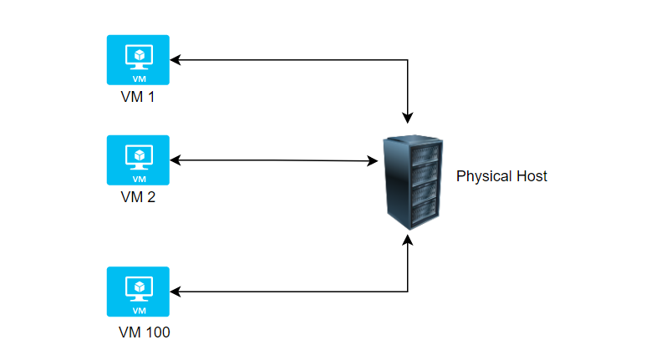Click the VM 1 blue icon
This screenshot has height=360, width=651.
tap(138, 59)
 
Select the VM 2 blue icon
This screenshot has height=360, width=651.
tap(138, 160)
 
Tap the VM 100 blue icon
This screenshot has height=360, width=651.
tap(138, 292)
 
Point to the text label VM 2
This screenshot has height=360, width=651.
tap(138, 197)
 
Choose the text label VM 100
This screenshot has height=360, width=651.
tap(145, 332)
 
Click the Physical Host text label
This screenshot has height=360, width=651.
tap(501, 176)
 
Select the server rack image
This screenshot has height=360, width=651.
tap(409, 182)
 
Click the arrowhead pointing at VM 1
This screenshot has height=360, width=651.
tap(175, 60)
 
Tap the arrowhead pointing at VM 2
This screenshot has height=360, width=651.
tap(175, 160)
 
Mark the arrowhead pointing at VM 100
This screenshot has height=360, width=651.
tap(175, 292)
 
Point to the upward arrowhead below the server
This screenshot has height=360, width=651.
tap(408, 240)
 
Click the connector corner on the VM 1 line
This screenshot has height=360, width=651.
tap(408, 60)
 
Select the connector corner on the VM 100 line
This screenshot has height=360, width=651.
tap(408, 292)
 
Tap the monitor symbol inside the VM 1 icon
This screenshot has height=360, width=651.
tap(138, 55)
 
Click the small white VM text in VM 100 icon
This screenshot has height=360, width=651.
tap(138, 310)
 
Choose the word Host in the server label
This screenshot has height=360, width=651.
tap(531, 176)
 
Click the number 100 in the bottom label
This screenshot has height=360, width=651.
tap(156, 332)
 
